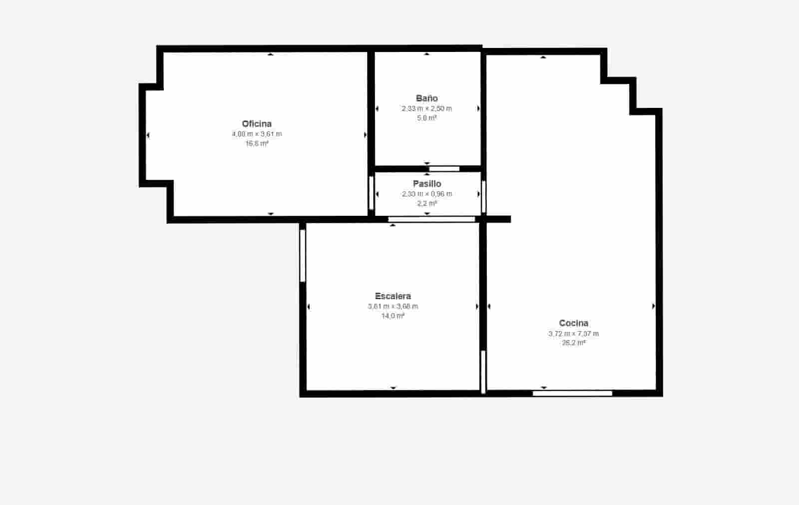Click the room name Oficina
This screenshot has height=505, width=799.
(257, 124)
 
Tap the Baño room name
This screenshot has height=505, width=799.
(426, 98)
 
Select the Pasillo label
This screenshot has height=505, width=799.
(427, 184)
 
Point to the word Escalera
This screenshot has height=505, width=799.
(393, 296)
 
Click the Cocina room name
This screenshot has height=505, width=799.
(573, 323)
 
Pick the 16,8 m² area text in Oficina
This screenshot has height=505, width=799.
(257, 144)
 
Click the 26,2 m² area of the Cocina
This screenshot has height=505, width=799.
(573, 343)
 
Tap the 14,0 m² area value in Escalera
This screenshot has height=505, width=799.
(393, 316)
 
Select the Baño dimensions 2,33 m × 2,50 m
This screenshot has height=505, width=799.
(426, 108)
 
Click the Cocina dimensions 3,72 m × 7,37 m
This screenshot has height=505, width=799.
(573, 334)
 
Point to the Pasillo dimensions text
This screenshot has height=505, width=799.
(427, 194)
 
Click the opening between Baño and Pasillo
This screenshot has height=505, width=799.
(444, 169)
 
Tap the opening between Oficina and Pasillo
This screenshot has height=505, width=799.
(371, 192)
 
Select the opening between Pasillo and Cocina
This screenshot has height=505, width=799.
(483, 196)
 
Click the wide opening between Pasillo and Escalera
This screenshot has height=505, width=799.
(431, 219)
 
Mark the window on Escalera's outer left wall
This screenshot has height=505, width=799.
(303, 255)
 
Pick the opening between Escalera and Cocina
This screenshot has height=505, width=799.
(483, 372)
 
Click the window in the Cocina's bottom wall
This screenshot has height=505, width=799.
(572, 394)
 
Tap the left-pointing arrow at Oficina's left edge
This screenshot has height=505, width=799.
(148, 135)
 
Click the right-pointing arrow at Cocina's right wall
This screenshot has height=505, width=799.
(654, 306)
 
